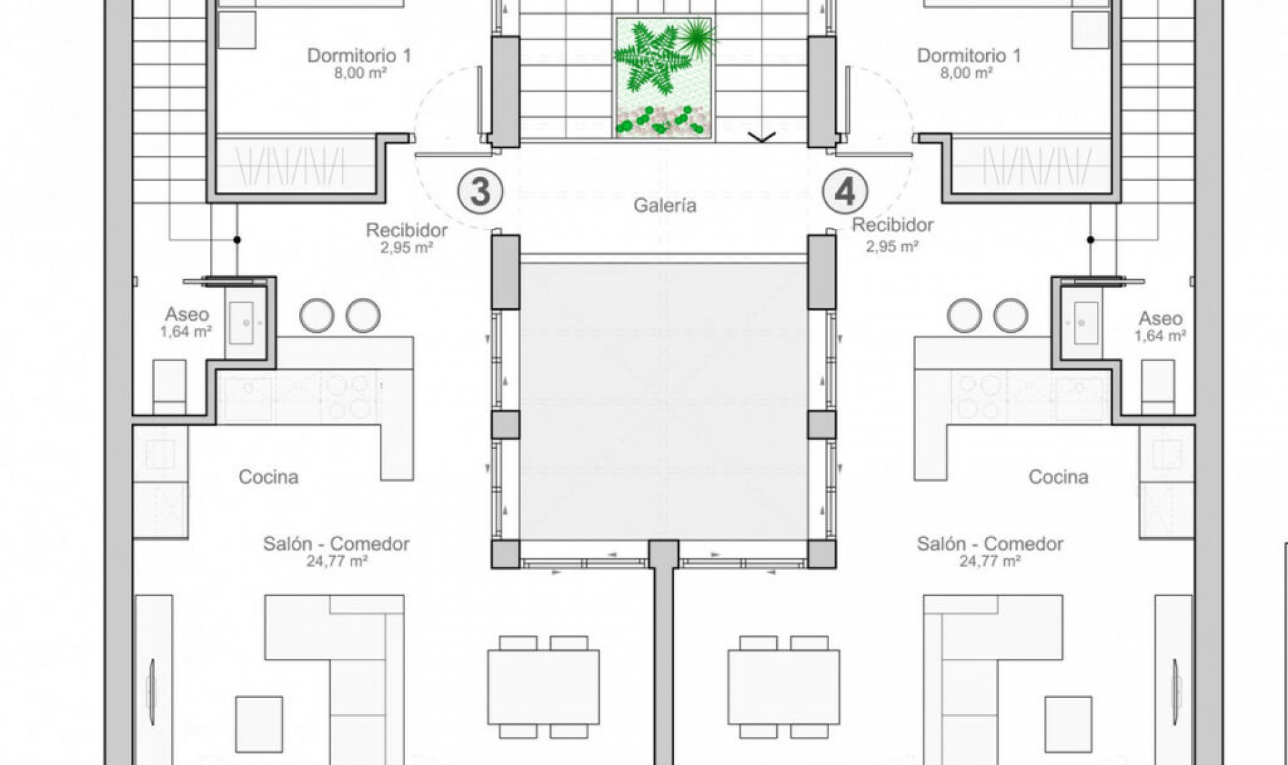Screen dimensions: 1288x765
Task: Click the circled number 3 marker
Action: click(480, 191)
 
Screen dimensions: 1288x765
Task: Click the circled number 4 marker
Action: click(845, 191)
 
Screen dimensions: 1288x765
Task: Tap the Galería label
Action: click(665, 205)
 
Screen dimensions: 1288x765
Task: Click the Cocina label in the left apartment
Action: click(268, 477)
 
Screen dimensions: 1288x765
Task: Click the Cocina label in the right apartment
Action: click(1059, 477)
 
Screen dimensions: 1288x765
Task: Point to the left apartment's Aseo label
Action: click(187, 314)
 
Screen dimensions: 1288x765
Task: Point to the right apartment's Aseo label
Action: click(1161, 319)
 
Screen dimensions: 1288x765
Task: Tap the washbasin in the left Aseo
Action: click(240, 323)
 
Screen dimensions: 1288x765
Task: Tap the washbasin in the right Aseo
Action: click(1086, 323)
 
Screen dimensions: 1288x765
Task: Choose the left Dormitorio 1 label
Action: click(359, 56)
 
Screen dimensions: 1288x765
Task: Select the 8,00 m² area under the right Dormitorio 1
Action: click(966, 73)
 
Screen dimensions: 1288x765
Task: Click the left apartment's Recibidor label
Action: click(407, 230)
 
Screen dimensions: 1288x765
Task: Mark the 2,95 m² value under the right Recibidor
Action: click(892, 246)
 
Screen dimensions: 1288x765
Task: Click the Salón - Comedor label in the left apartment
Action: click(336, 544)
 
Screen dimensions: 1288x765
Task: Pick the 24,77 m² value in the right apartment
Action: click(990, 561)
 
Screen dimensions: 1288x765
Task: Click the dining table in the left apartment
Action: click(543, 686)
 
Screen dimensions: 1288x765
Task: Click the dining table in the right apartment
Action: click(784, 686)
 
